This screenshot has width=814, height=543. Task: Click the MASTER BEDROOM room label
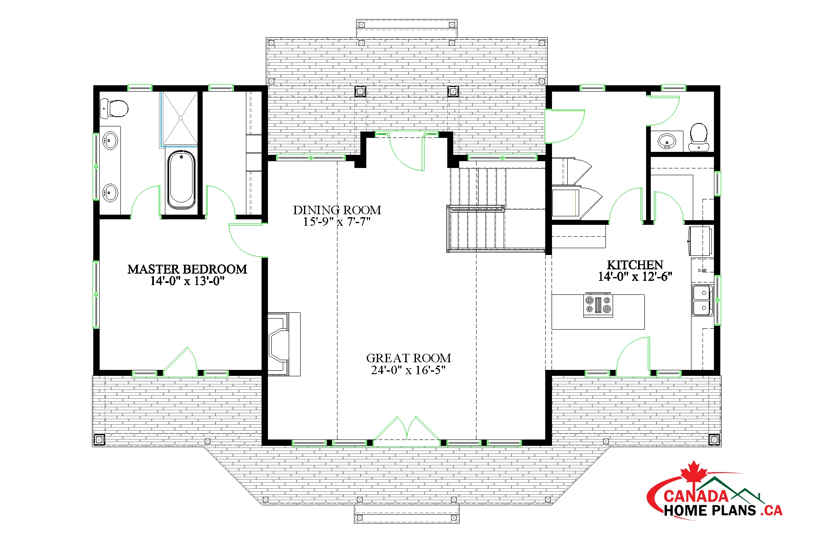[187, 269]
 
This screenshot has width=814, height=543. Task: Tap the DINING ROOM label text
[337, 210]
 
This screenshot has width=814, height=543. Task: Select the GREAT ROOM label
[409, 358]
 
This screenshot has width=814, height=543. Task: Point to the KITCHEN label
[635, 265]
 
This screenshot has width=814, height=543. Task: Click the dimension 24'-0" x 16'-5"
[409, 370]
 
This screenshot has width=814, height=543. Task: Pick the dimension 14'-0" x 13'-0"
[187, 281]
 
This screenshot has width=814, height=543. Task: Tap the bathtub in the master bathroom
[182, 179]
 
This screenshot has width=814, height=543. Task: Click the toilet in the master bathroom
[114, 109]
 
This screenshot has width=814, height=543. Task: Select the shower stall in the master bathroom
[179, 119]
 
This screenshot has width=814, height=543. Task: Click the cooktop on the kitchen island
[598, 305]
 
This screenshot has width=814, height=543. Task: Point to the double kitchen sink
[702, 300]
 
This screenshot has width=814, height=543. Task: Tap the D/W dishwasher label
[702, 270]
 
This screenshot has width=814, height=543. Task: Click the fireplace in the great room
[284, 344]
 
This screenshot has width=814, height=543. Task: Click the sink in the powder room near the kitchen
[667, 140]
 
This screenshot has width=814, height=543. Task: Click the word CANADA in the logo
[696, 496]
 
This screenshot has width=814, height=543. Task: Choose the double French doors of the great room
[407, 429]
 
